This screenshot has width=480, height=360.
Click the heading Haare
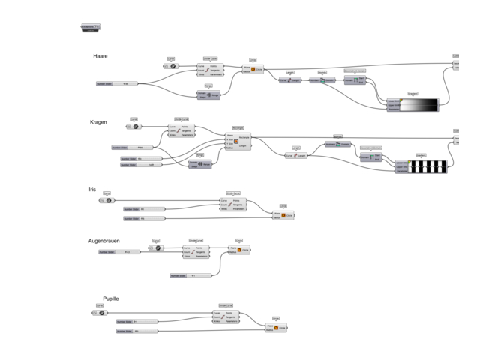[x=100, y=56]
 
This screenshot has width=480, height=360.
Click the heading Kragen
[x=98, y=122]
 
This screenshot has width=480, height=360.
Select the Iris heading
[x=93, y=190]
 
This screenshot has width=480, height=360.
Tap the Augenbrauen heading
[x=106, y=241]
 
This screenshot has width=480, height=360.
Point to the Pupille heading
[x=111, y=298]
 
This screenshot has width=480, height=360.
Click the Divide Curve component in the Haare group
[x=211, y=70]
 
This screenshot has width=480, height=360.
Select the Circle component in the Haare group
[x=253, y=69]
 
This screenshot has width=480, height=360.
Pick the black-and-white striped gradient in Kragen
[x=430, y=166]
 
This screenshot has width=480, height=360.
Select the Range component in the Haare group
[x=209, y=95]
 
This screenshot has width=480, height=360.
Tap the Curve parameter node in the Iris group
[x=106, y=201]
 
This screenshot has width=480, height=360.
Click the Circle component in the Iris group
[x=283, y=215]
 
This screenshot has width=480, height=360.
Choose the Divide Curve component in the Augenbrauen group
[x=196, y=251]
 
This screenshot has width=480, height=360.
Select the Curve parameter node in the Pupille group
[x=100, y=313]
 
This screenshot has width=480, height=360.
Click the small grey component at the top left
[x=90, y=28]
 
